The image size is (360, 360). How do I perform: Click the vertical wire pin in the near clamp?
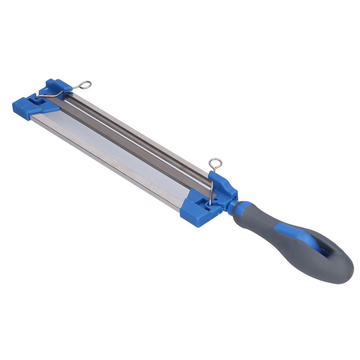pyautogui.click(x=210, y=184)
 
